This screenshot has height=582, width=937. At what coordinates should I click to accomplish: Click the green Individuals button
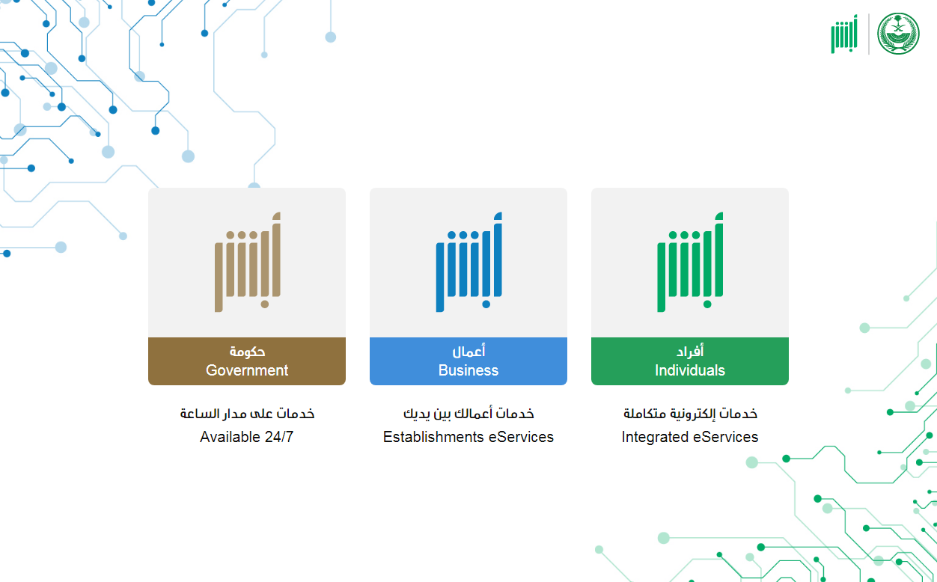coord(690,361)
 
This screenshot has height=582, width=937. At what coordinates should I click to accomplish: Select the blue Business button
coord(468,361)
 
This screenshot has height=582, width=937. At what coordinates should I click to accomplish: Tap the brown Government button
coord(247,361)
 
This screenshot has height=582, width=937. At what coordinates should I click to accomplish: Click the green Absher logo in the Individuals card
coord(690,262)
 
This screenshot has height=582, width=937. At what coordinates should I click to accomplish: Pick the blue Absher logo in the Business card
coord(469,262)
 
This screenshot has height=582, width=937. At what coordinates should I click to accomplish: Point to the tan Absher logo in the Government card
coord(248,262)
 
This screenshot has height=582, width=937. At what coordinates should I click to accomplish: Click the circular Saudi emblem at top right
coord(898,34)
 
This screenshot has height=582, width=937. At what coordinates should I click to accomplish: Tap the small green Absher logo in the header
coord(844,34)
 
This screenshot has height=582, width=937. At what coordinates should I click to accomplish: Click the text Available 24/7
coord(247,437)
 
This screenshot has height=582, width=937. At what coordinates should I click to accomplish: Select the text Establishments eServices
coord(468,437)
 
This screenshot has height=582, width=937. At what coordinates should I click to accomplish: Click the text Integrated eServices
coord(690,437)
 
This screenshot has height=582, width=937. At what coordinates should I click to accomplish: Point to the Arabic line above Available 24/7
coord(247,414)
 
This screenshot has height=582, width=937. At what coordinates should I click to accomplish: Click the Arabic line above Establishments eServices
coord(468,414)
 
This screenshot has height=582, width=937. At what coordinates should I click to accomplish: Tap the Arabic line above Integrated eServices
coord(690,414)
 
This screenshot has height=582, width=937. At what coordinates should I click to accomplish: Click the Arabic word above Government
coord(247,352)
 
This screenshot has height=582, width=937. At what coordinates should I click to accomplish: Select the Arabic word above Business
coord(468,351)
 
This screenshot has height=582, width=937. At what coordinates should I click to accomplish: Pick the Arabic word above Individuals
coord(690,350)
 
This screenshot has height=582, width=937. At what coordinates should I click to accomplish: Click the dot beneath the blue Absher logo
coord(486,304)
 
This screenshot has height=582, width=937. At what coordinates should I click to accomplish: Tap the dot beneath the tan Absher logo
coord(265,304)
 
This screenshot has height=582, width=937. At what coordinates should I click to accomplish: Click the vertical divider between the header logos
coord(868,34)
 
